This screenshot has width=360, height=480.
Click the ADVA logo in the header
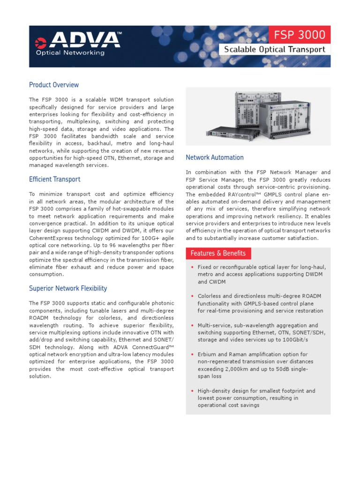coord(78,40)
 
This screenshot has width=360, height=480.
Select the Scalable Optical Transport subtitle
coord(275,49)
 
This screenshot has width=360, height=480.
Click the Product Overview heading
coord(54,85)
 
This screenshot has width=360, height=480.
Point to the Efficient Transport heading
coord(54,179)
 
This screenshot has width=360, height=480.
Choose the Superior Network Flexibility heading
coord(68,288)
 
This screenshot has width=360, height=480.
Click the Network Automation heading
coord(215,157)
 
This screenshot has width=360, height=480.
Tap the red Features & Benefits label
coord(218,254)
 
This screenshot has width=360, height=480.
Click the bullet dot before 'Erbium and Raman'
coord(192,354)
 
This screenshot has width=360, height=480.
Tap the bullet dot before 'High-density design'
coord(192,391)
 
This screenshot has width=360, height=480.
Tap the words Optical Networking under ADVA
coord(70,53)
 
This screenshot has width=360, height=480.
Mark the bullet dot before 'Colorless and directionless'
coord(192,296)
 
